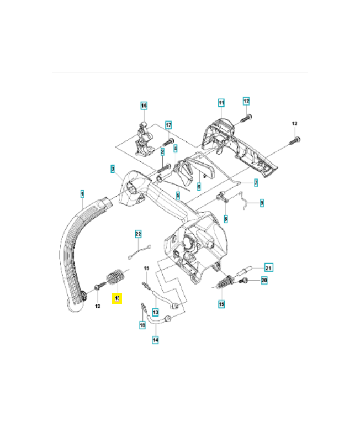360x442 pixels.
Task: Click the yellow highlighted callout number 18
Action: click(x=117, y=299)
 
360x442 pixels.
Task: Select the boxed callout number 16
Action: click(x=144, y=106)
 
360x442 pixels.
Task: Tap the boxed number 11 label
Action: click(x=221, y=103)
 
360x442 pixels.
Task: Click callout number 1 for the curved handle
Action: click(x=82, y=194)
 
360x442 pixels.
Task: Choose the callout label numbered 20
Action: click(x=264, y=281)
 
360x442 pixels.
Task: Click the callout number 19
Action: click(x=221, y=303)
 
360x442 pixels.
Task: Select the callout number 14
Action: click(x=155, y=340)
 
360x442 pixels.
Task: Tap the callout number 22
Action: click(x=139, y=234)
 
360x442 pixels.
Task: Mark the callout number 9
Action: click(x=262, y=203)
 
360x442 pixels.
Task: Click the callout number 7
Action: click(x=256, y=182)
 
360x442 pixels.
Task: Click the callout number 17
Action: click(x=168, y=125)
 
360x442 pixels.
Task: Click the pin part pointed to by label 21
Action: click(x=247, y=270)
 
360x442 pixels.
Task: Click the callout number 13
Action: click(x=155, y=311)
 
